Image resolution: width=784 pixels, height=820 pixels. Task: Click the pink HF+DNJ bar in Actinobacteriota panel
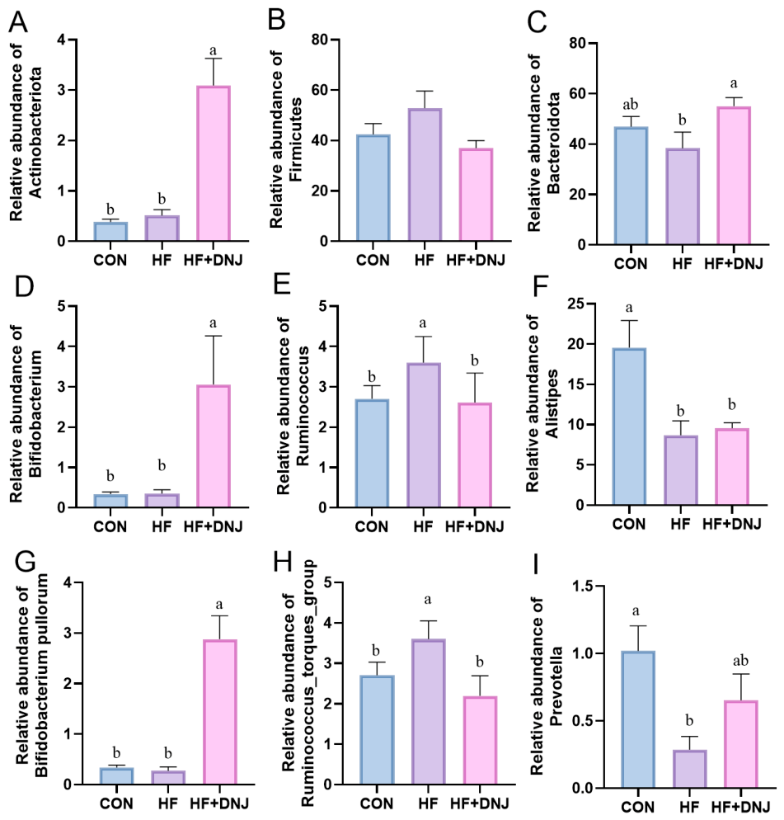tap(214, 163)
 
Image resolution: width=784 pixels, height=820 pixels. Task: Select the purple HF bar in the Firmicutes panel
tap(425, 175)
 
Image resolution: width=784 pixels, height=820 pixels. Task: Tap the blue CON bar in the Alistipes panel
tap(629, 426)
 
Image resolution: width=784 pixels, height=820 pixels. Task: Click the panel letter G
tap(25, 563)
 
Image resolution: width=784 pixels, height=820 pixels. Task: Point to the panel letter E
tap(282, 285)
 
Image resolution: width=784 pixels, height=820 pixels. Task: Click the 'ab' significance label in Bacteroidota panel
tap(631, 105)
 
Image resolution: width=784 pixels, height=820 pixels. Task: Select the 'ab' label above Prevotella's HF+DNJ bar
tap(740, 661)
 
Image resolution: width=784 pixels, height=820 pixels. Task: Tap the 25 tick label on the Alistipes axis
tap(576, 304)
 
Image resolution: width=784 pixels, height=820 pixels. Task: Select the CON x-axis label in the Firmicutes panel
tap(373, 260)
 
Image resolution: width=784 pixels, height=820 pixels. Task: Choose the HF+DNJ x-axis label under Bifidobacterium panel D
tap(214, 526)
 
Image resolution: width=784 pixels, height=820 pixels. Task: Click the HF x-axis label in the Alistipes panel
tap(680, 524)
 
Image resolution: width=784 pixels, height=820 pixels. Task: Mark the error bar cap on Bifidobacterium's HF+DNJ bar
tap(214, 336)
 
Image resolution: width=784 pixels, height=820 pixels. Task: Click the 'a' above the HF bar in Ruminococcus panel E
tap(423, 323)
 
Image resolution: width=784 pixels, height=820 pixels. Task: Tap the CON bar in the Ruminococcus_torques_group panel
tap(377, 730)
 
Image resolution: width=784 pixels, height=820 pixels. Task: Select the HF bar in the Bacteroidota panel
tap(682, 196)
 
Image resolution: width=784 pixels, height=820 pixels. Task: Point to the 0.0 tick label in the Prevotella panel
tap(582, 788)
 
